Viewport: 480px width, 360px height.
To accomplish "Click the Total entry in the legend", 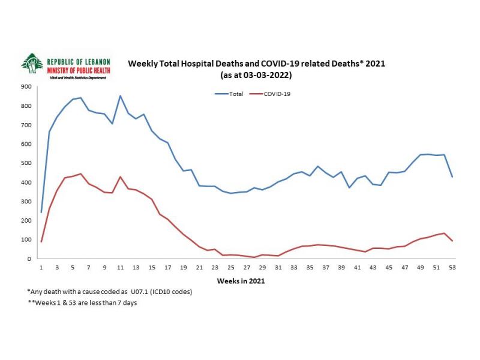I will click(x=235, y=94).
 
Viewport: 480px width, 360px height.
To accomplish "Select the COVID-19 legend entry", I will click(x=278, y=94).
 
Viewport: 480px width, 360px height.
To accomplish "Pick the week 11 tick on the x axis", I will click(x=121, y=268).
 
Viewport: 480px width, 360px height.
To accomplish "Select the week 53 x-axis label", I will click(x=452, y=268).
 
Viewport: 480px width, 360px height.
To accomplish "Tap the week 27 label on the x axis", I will click(x=247, y=268).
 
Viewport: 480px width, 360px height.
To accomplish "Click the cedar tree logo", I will click(x=31, y=64).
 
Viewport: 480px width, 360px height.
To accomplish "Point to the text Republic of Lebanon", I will click(x=78, y=61).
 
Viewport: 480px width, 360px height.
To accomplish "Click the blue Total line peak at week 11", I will click(x=121, y=96).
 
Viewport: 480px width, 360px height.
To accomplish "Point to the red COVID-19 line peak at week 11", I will click(x=121, y=177).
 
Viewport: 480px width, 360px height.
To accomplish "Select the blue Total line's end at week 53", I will click(x=452, y=177).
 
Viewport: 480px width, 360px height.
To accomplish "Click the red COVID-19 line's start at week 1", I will click(x=41, y=242).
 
